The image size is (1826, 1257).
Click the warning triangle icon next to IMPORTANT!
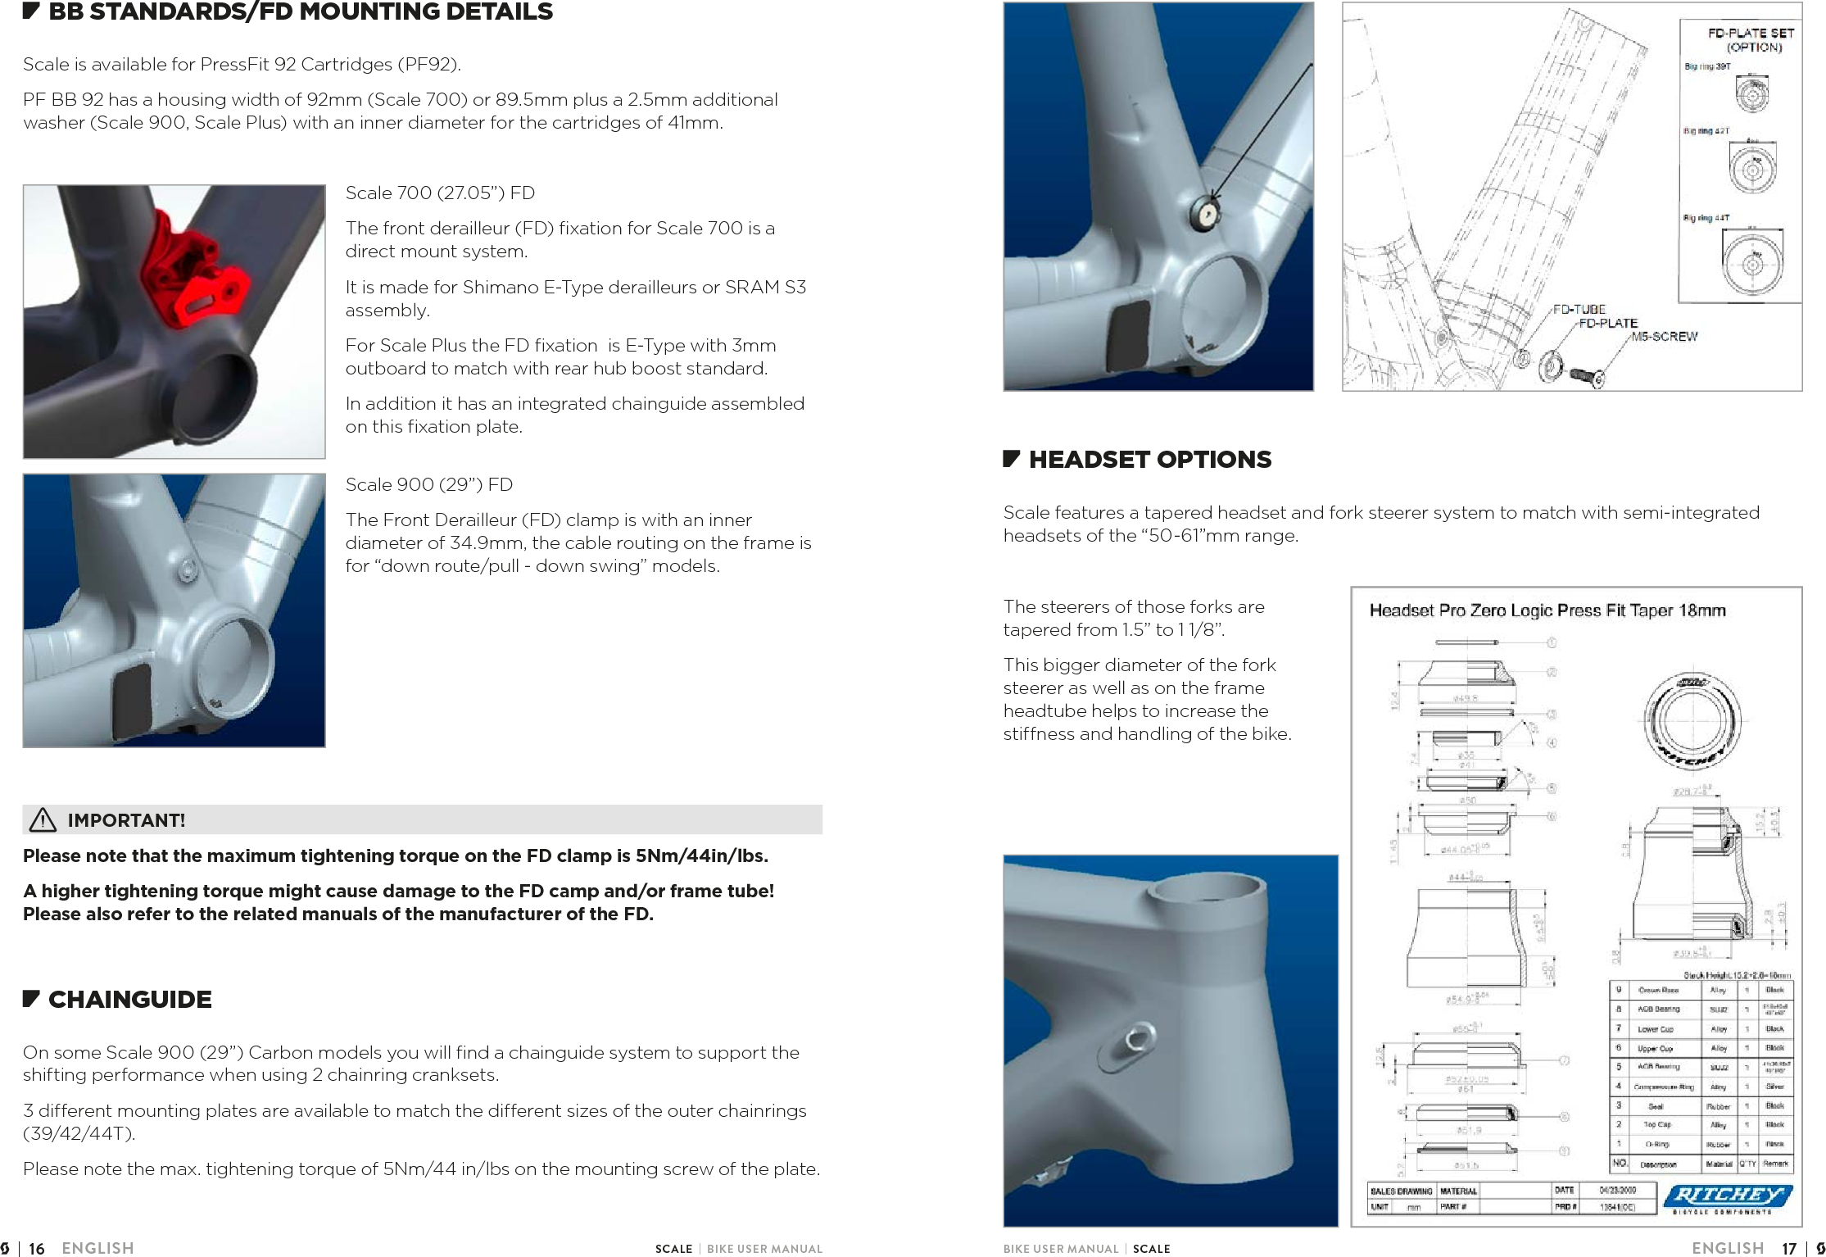(43, 819)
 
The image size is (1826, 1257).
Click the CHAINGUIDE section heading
(129, 1000)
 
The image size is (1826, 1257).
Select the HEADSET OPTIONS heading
(1149, 460)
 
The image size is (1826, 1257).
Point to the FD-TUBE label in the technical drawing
(1579, 309)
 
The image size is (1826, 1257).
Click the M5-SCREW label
(1664, 336)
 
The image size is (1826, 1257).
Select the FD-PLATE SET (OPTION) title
(1751, 39)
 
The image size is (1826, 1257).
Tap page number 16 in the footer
(36, 1248)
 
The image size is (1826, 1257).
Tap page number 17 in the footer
(1789, 1248)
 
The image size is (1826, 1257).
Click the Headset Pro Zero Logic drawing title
(1547, 610)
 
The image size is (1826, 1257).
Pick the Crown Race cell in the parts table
(1659, 990)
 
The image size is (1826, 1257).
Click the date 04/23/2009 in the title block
(1617, 1190)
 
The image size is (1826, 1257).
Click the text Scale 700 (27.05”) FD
(440, 193)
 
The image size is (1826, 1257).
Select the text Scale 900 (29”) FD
(428, 484)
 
